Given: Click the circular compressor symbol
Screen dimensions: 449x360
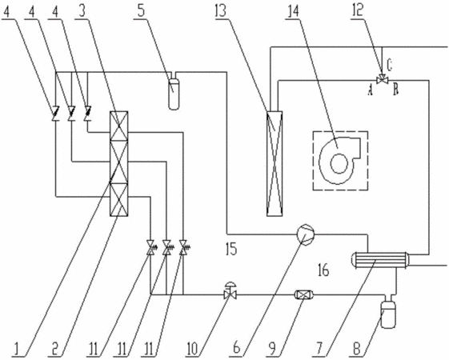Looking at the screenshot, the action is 306,234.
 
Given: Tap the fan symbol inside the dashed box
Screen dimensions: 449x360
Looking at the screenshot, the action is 339,161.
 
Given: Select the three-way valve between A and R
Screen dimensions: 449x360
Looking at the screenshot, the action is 383,79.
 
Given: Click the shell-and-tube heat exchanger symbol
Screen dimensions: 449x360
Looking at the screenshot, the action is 380,260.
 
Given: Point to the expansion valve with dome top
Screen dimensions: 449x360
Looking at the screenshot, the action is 231,290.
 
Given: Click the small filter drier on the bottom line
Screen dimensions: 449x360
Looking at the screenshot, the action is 304,294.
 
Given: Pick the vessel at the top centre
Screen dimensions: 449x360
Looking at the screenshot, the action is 174,94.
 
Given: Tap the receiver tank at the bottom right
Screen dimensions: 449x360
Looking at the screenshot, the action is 389,313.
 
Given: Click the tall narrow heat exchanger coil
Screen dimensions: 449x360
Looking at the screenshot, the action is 275,163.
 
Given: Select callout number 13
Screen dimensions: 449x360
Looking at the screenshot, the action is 221,11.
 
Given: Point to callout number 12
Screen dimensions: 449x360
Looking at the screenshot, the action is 358,11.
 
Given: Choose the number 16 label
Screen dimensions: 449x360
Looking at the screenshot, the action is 324,270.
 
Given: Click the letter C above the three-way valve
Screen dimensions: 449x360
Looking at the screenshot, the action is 389,65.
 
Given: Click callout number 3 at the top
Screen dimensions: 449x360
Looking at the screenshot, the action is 82,11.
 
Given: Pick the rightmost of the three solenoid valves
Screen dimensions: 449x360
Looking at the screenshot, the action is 183,247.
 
